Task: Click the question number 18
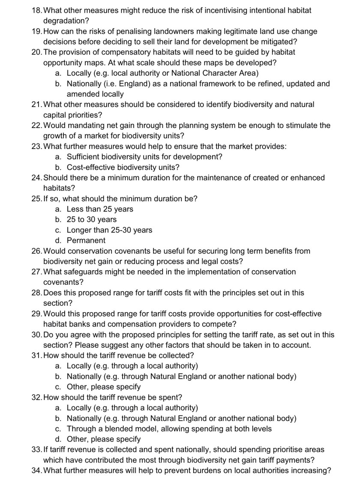37,9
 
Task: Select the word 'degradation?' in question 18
64,20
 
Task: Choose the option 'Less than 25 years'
100,209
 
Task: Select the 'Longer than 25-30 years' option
109,230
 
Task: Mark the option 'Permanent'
86,240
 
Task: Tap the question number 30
37,334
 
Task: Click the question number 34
37,471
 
